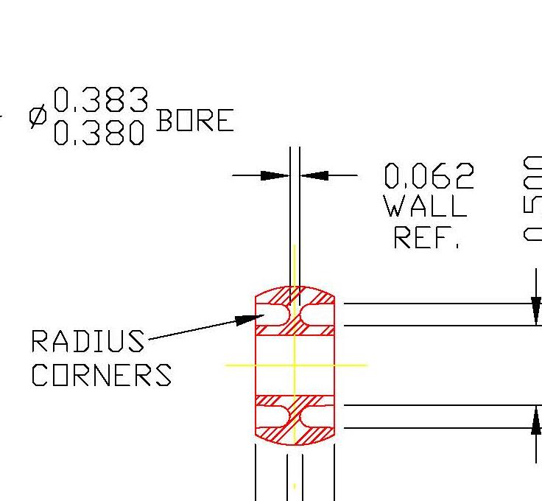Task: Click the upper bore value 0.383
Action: point(101,100)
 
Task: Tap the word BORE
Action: point(195,120)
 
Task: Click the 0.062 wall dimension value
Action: point(429,177)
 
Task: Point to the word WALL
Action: point(426,206)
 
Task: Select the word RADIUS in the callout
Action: point(88,342)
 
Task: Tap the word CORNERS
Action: point(101,375)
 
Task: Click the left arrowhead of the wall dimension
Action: point(275,175)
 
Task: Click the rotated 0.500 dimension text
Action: point(532,199)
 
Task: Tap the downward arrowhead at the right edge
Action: point(537,309)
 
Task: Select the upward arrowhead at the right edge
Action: point(537,420)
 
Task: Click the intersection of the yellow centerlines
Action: point(295,365)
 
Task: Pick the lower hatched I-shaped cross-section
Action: point(295,418)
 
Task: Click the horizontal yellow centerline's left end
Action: point(227,365)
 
